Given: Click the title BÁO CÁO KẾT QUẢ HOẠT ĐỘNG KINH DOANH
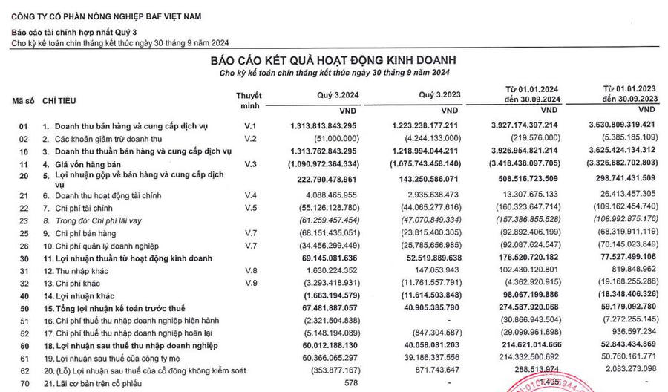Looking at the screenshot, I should click(x=333, y=59).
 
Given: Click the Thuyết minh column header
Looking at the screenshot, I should click(x=249, y=102).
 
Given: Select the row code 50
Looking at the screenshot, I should click(x=24, y=307).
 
